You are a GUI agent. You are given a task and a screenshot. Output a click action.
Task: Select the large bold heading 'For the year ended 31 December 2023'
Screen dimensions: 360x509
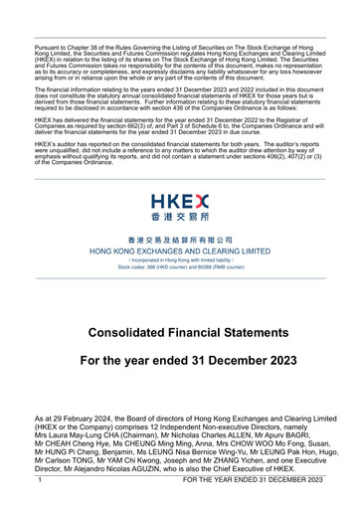180,359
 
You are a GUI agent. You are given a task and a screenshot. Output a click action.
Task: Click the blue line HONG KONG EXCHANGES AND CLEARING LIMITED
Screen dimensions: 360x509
180,253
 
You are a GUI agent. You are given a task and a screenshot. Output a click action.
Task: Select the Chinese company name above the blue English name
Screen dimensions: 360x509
180,241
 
